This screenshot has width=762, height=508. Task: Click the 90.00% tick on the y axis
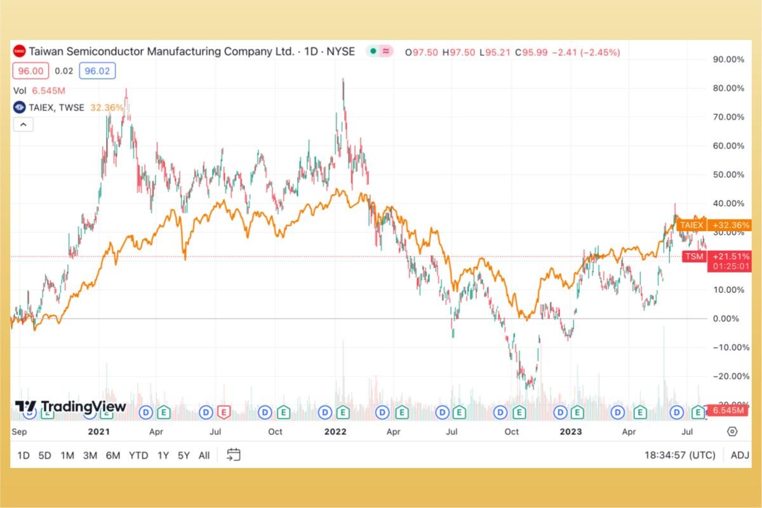729,59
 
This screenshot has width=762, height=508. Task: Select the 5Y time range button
184,455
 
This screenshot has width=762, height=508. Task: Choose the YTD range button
138,455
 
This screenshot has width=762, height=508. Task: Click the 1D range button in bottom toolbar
23,455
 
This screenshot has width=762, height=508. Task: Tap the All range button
204,455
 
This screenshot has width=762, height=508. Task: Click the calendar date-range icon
234,455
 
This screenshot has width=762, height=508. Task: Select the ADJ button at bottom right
740,455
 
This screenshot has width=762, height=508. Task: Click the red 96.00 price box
31,71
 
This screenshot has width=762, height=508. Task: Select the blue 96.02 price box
97,71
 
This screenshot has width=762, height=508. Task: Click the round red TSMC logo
20,51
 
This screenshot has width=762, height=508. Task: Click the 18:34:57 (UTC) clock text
679,455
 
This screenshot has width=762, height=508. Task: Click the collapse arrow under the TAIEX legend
23,124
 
